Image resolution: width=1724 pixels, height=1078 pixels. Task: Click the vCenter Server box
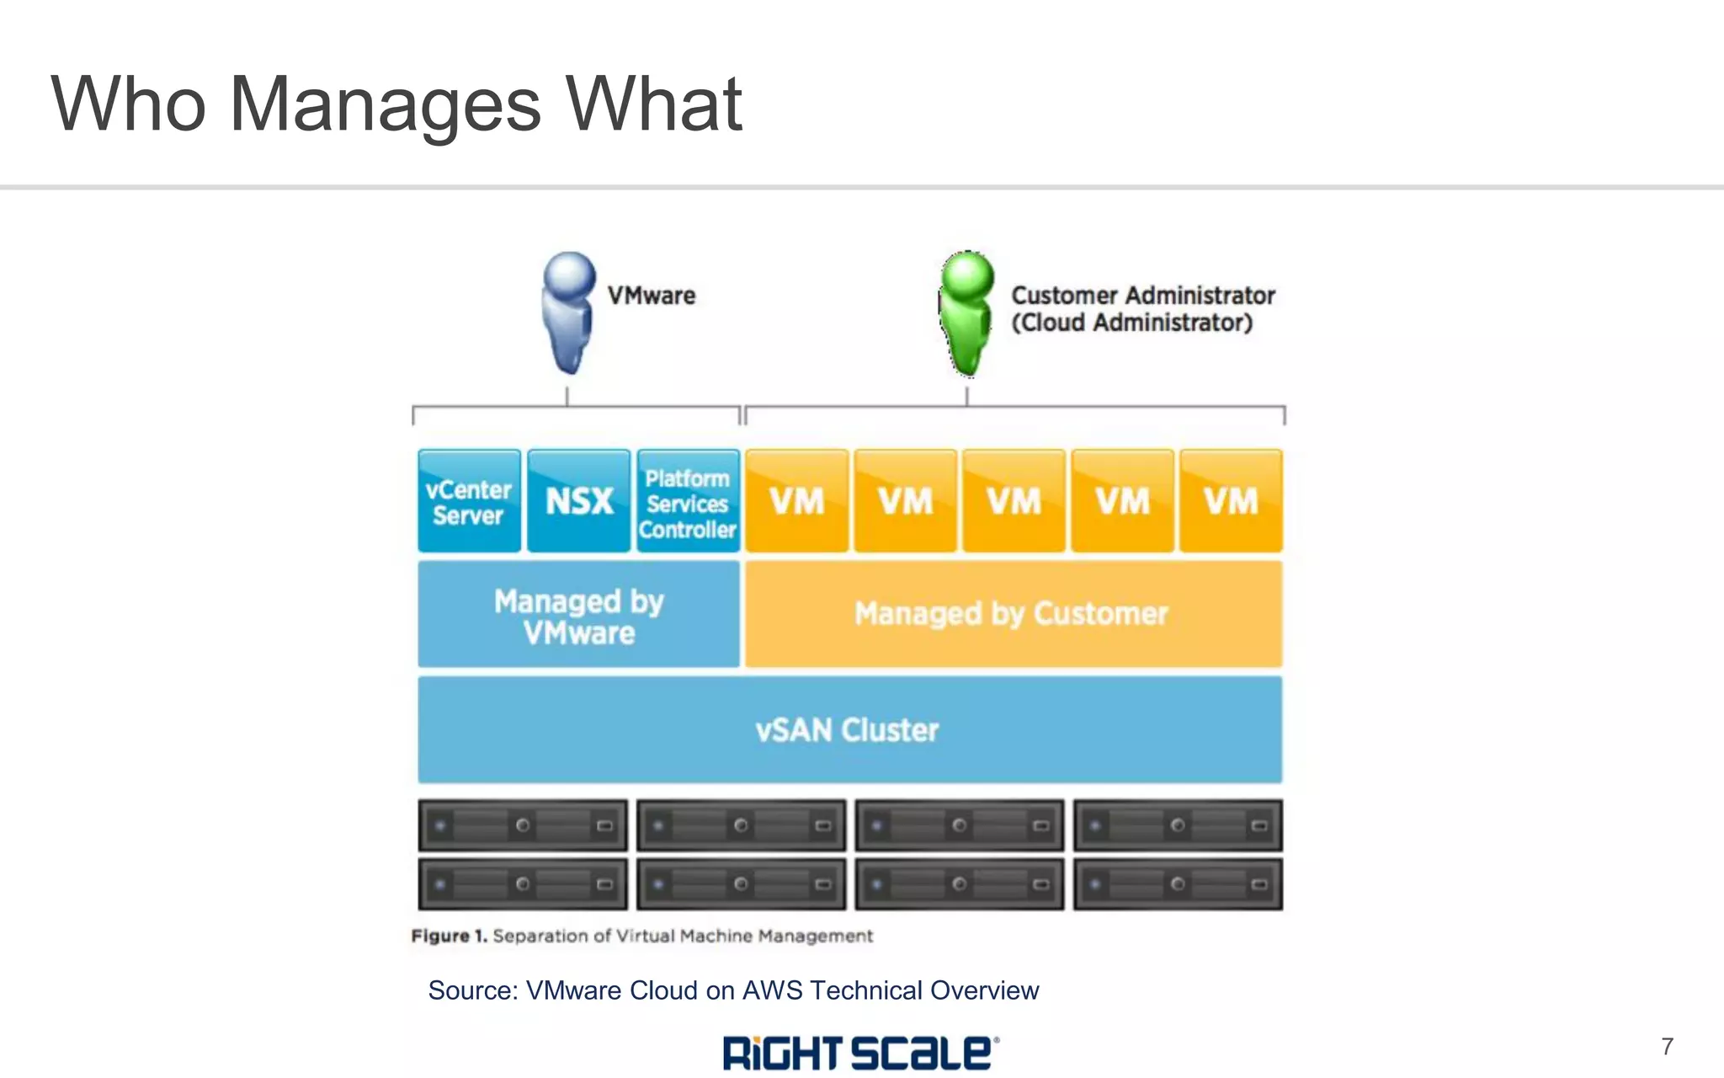(469, 501)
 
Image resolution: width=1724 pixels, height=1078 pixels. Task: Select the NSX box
(578, 501)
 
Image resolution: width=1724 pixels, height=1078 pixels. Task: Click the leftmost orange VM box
(796, 501)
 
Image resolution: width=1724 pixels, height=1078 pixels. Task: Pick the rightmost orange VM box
(1231, 501)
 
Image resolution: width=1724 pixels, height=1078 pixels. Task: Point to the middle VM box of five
(1014, 501)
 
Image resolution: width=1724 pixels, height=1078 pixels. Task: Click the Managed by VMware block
(578, 615)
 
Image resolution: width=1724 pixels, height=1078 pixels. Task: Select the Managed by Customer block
(1013, 614)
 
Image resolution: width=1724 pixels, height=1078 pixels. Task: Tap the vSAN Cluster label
(847, 730)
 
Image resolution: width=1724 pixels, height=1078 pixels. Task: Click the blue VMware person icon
(568, 312)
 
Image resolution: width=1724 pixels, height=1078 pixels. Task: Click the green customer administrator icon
(966, 312)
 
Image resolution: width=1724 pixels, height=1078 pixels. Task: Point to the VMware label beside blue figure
(652, 296)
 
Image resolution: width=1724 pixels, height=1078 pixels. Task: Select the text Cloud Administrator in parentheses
(1131, 323)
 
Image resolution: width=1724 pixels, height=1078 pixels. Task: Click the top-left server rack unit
(523, 825)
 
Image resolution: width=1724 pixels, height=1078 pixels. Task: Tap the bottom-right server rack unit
(1177, 884)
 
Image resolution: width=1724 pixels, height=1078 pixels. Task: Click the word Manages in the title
(385, 104)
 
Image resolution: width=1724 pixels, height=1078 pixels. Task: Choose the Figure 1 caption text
(641, 936)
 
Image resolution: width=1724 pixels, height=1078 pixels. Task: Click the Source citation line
(733, 990)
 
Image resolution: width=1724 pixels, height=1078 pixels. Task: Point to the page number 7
(1667, 1047)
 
